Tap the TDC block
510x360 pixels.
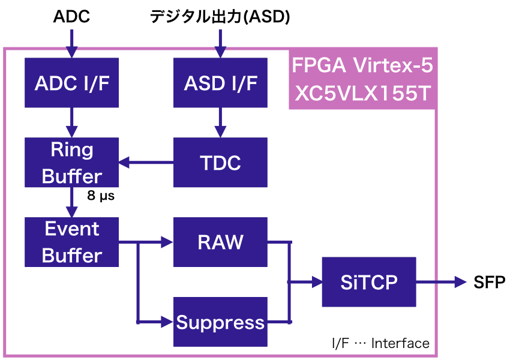(220, 162)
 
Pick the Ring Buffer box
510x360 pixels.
(72, 162)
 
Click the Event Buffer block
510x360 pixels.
(72, 242)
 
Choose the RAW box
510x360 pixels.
(220, 242)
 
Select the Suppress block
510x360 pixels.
(220, 322)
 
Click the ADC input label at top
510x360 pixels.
(72, 17)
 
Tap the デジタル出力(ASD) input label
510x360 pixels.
(220, 17)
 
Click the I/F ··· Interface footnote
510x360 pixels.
(381, 343)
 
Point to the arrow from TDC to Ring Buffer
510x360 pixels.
(146, 162)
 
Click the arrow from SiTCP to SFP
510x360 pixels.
(441, 282)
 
